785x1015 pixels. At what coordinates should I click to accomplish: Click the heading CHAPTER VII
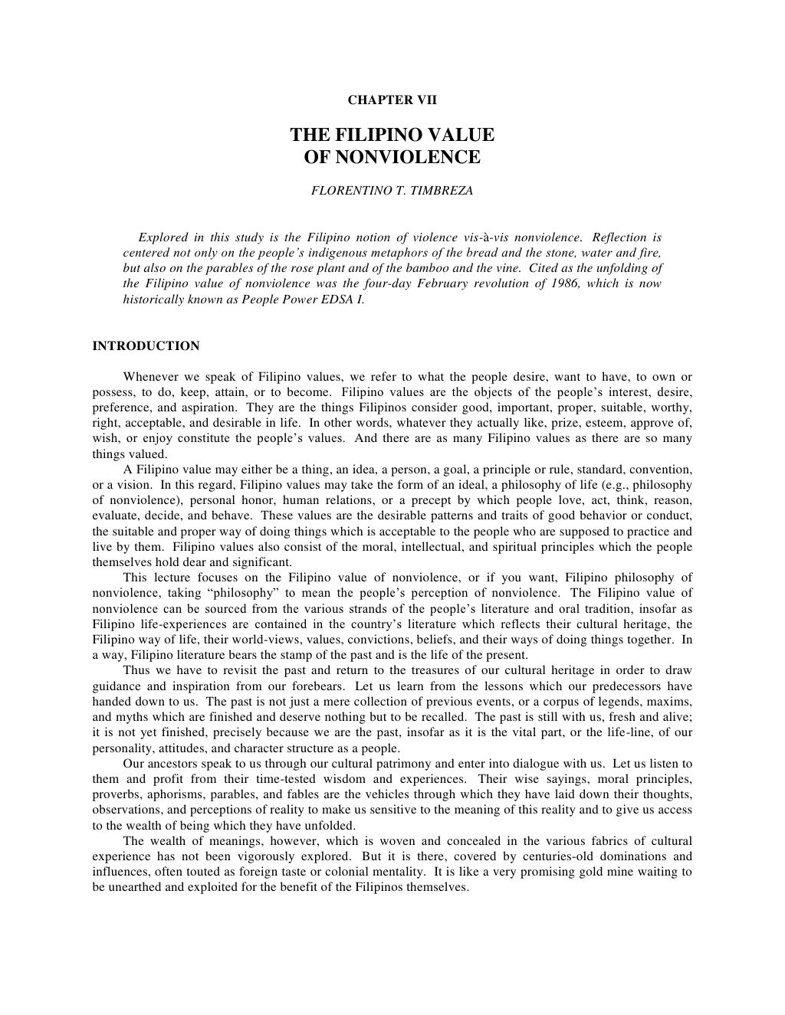392,100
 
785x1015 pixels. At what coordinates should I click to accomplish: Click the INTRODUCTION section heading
146,346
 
